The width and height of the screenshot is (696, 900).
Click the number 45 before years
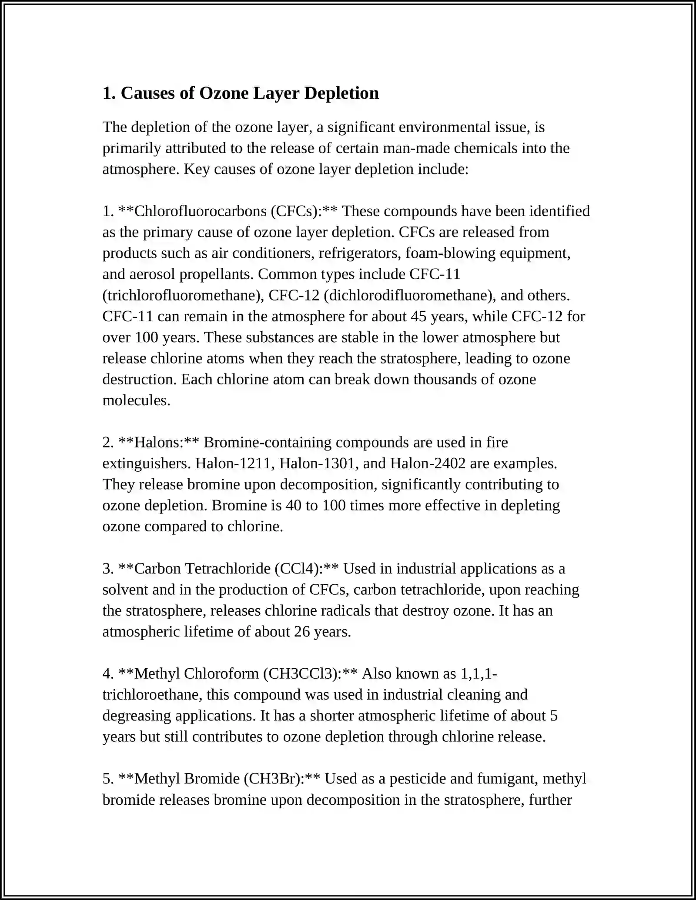pyautogui.click(x=418, y=316)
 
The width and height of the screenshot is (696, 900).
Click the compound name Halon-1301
pyautogui.click(x=319, y=463)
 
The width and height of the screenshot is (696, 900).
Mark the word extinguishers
pyautogui.click(x=146, y=463)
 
